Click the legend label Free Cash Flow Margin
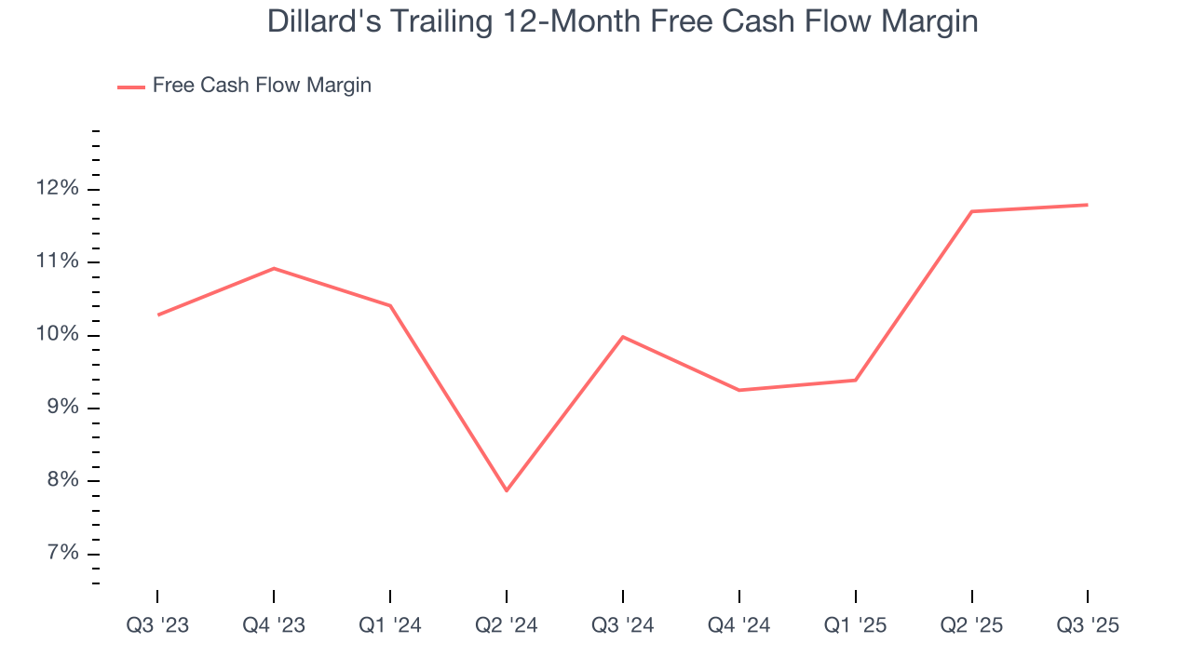(x=262, y=86)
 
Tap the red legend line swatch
(x=130, y=87)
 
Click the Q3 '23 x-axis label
(x=157, y=625)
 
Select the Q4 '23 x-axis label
(x=274, y=625)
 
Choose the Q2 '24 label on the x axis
(x=507, y=625)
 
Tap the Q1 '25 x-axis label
(x=855, y=625)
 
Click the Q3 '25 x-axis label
(x=1088, y=625)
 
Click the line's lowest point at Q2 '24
(x=507, y=490)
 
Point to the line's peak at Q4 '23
(x=274, y=268)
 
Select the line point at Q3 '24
(x=622, y=336)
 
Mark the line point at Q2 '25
(x=971, y=211)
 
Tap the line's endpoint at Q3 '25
(x=1088, y=205)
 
